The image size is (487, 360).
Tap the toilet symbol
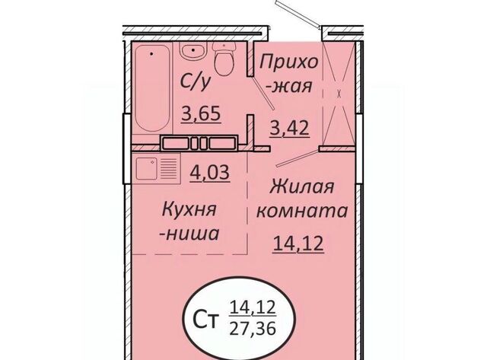point(224,59)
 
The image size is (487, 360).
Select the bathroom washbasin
point(193,51)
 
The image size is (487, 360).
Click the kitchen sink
point(146,168)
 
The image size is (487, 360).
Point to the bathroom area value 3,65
point(201,113)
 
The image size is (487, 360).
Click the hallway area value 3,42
point(289,127)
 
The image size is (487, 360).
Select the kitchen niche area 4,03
point(210,173)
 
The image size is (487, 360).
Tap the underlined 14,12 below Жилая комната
point(298,244)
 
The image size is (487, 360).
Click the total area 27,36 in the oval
point(253,328)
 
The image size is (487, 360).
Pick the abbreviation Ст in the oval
point(205,321)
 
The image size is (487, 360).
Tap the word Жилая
point(302,187)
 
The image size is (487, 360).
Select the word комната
point(302,212)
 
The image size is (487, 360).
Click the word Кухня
point(189,211)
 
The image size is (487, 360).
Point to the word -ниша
point(189,234)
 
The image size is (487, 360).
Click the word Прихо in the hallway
point(289,62)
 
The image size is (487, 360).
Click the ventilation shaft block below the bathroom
point(199,143)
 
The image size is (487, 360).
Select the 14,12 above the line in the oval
point(253,307)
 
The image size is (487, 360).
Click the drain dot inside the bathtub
point(151,54)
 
